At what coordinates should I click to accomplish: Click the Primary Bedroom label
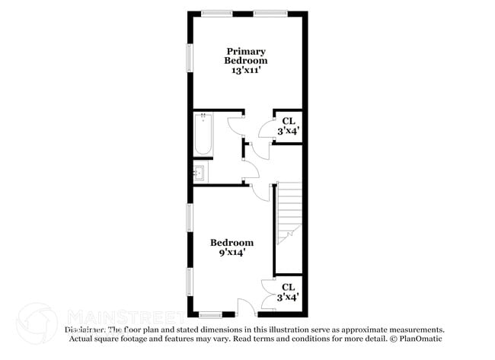(x=245, y=56)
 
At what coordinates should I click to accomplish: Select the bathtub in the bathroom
(x=203, y=134)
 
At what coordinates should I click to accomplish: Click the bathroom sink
(x=200, y=173)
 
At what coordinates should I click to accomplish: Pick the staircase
(x=289, y=215)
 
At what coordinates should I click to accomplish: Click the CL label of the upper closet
(x=288, y=121)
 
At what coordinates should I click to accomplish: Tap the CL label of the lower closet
(x=288, y=288)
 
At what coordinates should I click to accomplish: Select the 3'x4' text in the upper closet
(x=288, y=131)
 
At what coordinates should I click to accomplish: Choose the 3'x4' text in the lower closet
(x=288, y=298)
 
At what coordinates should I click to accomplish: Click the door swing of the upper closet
(x=267, y=129)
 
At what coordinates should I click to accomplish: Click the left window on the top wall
(x=216, y=13)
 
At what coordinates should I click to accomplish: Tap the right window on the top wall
(x=270, y=13)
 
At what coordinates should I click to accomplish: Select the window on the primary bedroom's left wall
(x=190, y=59)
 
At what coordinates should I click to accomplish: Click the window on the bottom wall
(x=210, y=314)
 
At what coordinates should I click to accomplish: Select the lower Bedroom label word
(x=232, y=242)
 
